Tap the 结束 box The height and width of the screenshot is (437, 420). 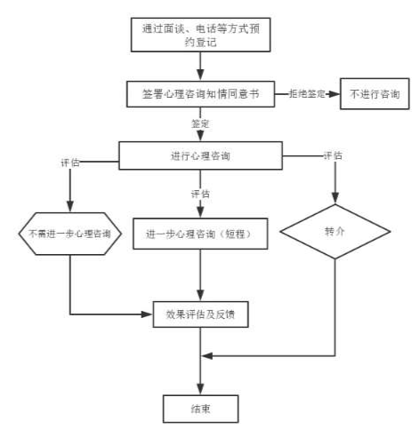pos(201,408)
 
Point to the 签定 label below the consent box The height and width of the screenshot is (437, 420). pos(201,123)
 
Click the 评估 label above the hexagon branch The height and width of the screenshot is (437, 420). pos(69,163)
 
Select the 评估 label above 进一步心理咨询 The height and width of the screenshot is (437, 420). pos(201,194)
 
